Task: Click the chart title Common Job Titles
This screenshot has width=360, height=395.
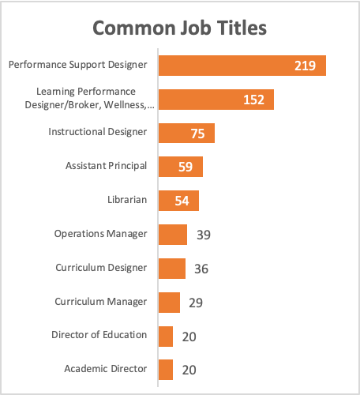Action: click(x=180, y=28)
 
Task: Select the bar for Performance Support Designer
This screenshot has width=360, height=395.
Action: click(x=242, y=66)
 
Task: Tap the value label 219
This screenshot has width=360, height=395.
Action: click(x=305, y=66)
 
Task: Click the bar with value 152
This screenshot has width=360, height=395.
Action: click(x=216, y=100)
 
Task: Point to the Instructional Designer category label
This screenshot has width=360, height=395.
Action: click(x=98, y=132)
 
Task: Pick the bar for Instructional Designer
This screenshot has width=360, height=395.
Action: click(x=186, y=133)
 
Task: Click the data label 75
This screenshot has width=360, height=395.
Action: click(x=197, y=134)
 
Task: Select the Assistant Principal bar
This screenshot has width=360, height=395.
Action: click(x=180, y=167)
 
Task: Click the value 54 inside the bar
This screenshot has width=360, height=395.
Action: click(x=182, y=201)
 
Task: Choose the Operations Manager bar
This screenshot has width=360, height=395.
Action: click(x=173, y=235)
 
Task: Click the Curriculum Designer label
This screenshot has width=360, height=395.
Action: click(x=101, y=268)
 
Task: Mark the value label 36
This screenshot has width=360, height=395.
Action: click(x=201, y=269)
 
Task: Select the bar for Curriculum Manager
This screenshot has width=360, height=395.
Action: click(x=169, y=302)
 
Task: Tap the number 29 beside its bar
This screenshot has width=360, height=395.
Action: click(x=195, y=303)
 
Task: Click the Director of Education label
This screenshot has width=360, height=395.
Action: click(x=99, y=335)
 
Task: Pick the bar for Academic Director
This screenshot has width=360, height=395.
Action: click(x=166, y=370)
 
